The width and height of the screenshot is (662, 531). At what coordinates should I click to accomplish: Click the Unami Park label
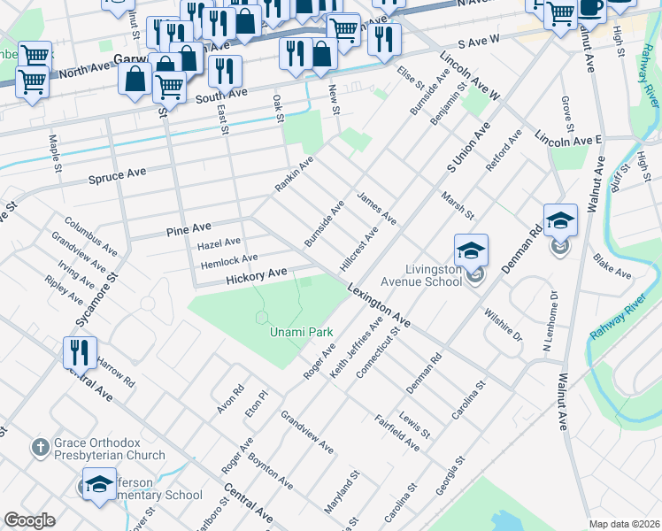click(301, 333)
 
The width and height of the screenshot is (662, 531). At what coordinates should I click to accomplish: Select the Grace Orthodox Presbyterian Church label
click(109, 449)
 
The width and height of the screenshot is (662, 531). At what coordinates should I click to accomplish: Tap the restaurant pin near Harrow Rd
click(80, 352)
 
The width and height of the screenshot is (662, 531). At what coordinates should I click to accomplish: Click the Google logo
click(29, 520)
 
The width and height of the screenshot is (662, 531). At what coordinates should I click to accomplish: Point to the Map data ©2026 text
click(624, 524)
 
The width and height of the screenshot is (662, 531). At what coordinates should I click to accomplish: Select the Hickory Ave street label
click(258, 276)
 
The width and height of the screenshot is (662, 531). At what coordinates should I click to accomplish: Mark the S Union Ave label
click(467, 148)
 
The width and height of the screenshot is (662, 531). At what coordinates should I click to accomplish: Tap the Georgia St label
click(450, 476)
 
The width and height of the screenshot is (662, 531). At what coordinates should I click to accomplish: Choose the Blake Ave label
click(612, 265)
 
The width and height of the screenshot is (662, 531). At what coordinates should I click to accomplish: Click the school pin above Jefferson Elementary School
click(98, 484)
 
